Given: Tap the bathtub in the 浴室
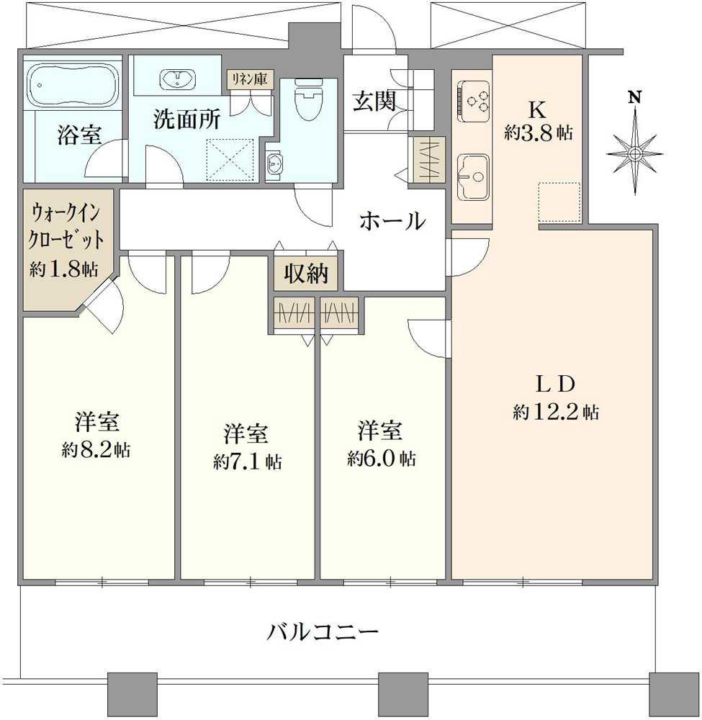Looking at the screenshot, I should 73,84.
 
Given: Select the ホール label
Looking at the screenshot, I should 392,221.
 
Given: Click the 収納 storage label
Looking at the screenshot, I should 306,274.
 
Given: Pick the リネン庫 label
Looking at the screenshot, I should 248,79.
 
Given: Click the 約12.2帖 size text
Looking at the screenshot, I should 555,413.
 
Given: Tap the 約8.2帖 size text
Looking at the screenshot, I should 96,451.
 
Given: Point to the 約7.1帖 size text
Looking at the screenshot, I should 247,462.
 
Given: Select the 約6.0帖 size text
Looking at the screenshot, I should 381,459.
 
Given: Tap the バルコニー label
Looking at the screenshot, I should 323,633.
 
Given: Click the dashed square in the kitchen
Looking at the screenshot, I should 559,202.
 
